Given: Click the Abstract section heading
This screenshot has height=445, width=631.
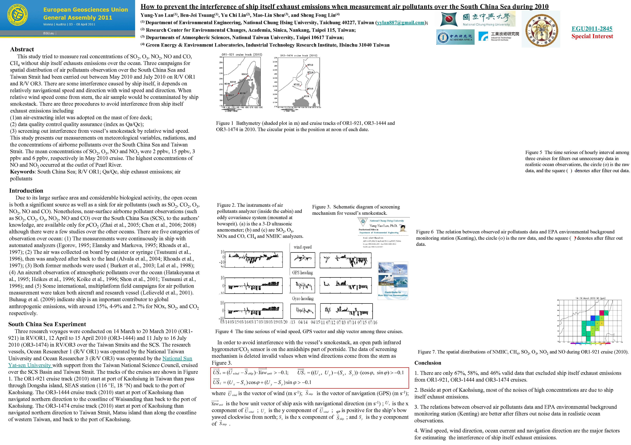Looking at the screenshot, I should (22, 49).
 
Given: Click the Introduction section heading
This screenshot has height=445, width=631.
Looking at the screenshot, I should (26, 191).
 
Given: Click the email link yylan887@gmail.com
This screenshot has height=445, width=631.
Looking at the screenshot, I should (401, 23).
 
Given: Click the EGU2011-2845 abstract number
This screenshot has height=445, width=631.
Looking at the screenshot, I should (592, 29).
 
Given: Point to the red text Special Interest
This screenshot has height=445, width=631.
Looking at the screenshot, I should (592, 36).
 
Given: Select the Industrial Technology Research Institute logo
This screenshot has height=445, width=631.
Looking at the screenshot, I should (499, 36).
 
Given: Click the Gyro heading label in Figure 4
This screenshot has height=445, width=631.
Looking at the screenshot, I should (303, 299).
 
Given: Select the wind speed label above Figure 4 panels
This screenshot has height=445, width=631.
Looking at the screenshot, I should (303, 247).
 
